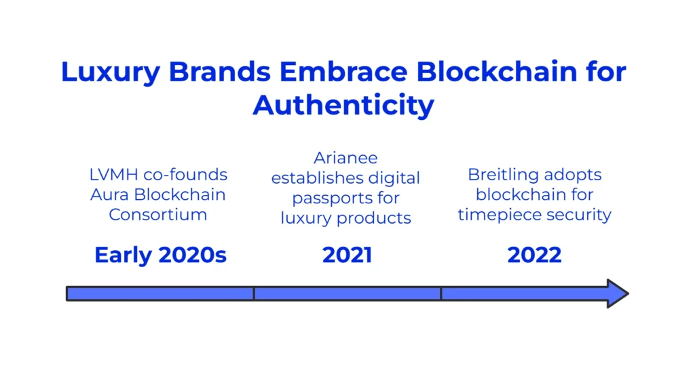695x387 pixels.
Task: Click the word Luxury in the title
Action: (x=111, y=73)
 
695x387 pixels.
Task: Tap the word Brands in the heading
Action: (x=219, y=71)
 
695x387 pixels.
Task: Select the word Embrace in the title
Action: (x=343, y=71)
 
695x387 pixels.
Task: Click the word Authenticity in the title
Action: (x=343, y=106)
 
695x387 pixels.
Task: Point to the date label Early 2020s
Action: (x=160, y=256)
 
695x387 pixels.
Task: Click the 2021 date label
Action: (x=347, y=255)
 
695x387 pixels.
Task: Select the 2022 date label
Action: (x=534, y=255)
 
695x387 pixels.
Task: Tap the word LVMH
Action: (x=113, y=174)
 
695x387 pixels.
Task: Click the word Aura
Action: (x=109, y=195)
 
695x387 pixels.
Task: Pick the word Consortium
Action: (x=157, y=215)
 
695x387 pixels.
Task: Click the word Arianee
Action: (x=345, y=158)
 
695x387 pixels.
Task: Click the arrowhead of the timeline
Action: (x=618, y=293)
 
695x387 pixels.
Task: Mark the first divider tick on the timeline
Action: (x=254, y=293)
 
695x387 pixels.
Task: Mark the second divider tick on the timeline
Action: (x=441, y=293)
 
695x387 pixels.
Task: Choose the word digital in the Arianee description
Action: (x=394, y=179)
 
